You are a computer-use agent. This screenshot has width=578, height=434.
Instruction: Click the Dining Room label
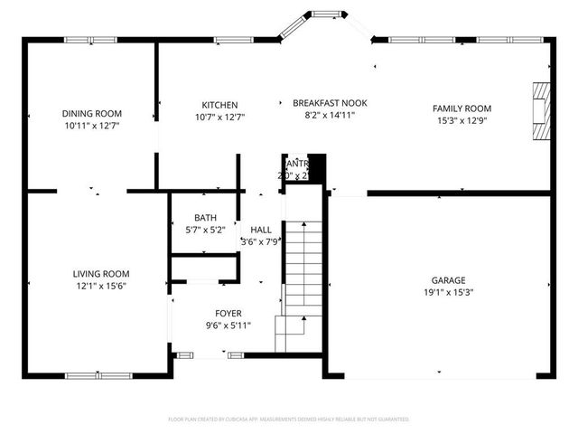click(x=92, y=114)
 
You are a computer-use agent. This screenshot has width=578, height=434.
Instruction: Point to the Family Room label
click(x=461, y=108)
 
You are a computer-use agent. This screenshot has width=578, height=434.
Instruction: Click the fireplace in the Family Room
click(x=540, y=111)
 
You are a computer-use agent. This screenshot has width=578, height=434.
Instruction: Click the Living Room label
click(x=101, y=273)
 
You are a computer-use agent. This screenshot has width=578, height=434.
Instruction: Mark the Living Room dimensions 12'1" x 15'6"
click(x=101, y=286)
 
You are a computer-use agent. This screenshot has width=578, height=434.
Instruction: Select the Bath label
click(x=205, y=218)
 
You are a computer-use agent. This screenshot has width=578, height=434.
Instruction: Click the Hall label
click(x=261, y=230)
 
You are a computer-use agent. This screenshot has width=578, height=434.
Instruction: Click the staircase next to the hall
click(x=303, y=271)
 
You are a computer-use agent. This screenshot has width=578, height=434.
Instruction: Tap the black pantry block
click(x=316, y=168)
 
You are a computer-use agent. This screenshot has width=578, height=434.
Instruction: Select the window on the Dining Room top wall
click(x=90, y=39)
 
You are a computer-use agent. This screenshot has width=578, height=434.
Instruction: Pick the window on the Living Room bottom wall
click(x=99, y=374)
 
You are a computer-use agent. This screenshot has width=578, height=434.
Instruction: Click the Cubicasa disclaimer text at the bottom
click(x=289, y=420)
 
